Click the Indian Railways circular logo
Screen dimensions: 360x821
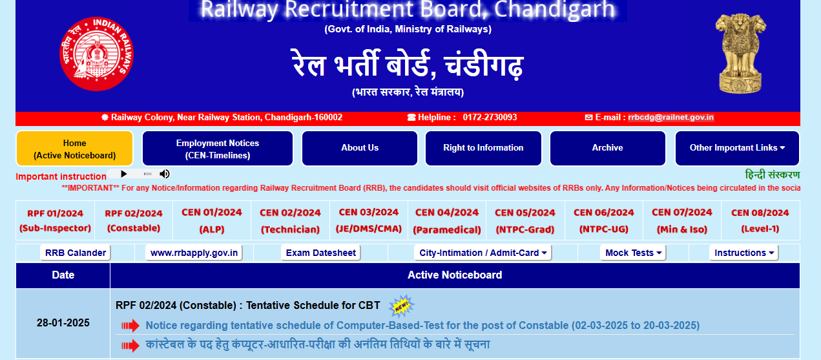point(96,54)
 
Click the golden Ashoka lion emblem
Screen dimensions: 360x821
point(740,53)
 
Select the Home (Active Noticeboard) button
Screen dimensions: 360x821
point(74,149)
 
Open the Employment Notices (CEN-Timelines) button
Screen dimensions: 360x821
point(217,149)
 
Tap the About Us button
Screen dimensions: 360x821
point(360,148)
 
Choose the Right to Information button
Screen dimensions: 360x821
point(483,148)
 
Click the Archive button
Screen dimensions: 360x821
point(607,148)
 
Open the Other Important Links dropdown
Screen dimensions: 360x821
point(737,148)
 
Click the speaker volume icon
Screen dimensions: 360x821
point(165,174)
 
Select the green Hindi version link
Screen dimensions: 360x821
point(772,175)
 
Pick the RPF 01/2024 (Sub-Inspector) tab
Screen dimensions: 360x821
point(55,220)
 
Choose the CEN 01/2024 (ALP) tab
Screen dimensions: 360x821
point(212,220)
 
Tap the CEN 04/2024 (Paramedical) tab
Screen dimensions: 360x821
point(447,220)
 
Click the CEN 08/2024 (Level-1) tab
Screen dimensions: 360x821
point(760,220)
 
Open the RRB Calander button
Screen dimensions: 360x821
point(76,253)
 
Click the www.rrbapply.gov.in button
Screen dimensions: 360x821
point(194,253)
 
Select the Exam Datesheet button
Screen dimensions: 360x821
point(320,253)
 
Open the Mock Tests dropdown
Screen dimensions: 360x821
point(633,253)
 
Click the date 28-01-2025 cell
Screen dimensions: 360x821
point(63,323)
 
